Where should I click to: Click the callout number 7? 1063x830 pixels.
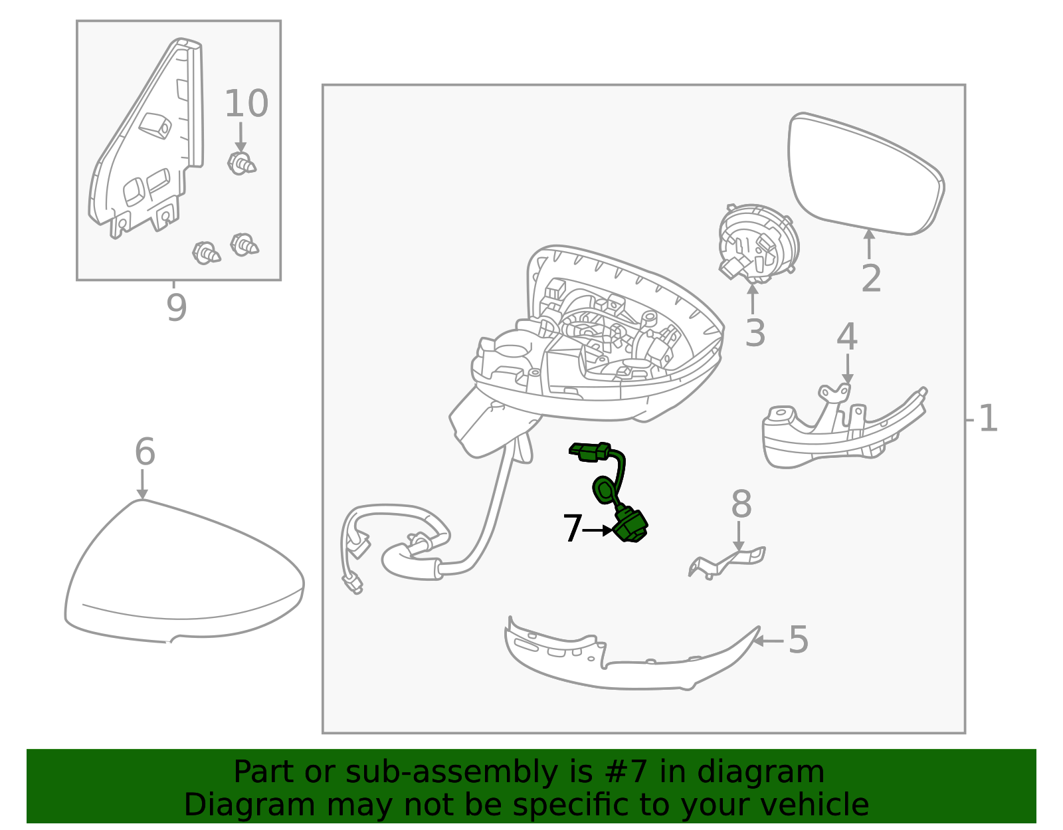(572, 529)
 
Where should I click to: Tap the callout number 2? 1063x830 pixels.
(871, 278)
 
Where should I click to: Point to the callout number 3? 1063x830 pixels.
(755, 333)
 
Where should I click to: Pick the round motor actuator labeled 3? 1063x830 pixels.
(758, 244)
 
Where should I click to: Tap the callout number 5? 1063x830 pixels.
(799, 640)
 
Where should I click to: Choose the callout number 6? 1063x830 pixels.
(145, 452)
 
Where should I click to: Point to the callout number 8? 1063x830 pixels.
(741, 504)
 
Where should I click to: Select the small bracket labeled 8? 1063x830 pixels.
(727, 562)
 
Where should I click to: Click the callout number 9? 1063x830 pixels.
(177, 308)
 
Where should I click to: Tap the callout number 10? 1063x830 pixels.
(246, 104)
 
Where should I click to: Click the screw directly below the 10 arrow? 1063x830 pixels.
(241, 163)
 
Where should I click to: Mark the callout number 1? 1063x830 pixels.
(988, 419)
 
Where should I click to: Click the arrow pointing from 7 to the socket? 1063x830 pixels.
(598, 530)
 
